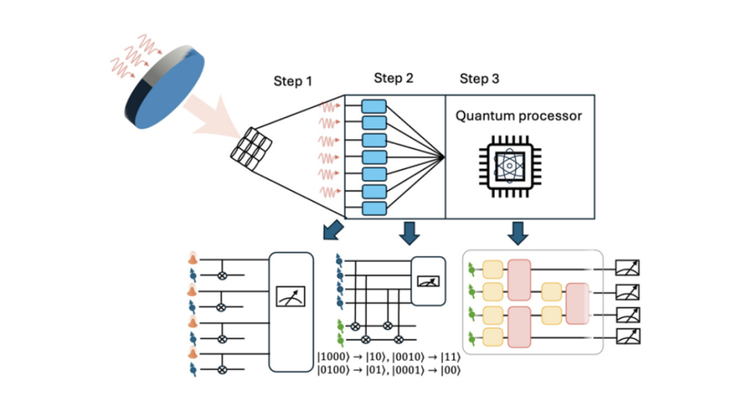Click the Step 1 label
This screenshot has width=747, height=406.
click(293, 82)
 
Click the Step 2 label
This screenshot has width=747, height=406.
click(393, 78)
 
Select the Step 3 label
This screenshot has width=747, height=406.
click(479, 78)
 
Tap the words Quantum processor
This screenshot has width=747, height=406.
click(519, 117)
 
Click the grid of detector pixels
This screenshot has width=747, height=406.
click(251, 145)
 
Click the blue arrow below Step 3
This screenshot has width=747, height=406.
click(518, 233)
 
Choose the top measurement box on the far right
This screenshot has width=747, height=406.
click(627, 269)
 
